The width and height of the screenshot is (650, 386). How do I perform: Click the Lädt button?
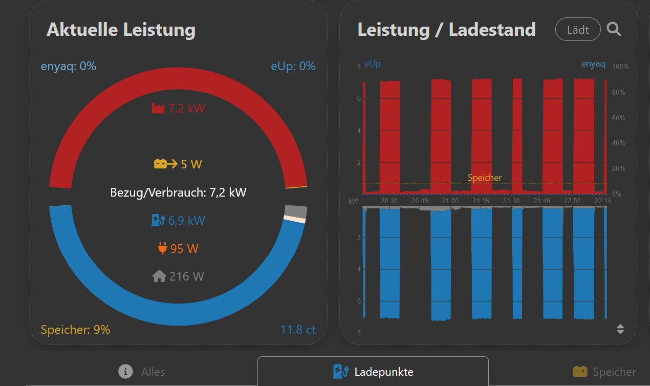[578, 30]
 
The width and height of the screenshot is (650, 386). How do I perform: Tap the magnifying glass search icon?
[614, 29]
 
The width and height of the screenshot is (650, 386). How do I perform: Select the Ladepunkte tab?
[373, 372]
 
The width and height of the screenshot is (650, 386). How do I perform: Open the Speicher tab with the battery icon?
[604, 372]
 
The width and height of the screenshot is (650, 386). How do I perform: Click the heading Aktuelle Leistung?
[121, 30]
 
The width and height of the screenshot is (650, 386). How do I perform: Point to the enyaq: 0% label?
[69, 66]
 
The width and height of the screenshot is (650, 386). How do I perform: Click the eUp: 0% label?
[293, 66]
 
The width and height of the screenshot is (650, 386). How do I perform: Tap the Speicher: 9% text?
[75, 330]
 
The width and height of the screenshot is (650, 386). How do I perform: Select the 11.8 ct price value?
[298, 330]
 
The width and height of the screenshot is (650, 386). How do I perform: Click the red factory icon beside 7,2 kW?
[158, 108]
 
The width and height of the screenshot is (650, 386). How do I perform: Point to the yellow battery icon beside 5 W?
[165, 164]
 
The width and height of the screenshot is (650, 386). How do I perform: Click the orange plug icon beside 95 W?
[163, 249]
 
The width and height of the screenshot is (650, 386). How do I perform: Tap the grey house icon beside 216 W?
[159, 276]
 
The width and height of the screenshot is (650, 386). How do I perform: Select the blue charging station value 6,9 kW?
[186, 221]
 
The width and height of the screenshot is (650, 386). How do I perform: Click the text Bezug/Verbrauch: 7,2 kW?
[178, 192]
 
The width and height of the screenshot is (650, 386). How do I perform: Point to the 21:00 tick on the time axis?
[450, 201]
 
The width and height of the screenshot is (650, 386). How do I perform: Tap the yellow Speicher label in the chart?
[485, 178]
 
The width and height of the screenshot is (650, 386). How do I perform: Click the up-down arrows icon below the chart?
[620, 329]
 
